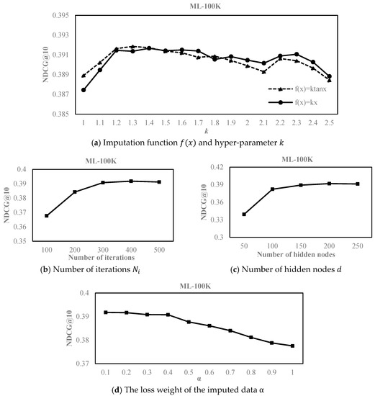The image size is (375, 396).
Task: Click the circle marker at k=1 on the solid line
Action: (x=84, y=90)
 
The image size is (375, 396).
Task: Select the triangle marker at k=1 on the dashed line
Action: (x=84, y=76)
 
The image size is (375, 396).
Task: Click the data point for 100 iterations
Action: (x=47, y=215)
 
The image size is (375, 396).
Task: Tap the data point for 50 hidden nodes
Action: (x=244, y=214)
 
